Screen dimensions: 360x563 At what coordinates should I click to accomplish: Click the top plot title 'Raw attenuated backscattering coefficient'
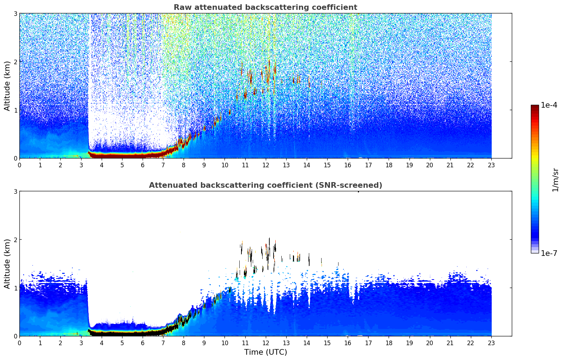point(265,7)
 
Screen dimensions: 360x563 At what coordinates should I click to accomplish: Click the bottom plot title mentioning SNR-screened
point(265,185)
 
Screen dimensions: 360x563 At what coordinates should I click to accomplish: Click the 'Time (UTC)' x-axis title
point(265,352)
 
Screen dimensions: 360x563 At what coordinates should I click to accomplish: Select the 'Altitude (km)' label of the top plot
point(7,86)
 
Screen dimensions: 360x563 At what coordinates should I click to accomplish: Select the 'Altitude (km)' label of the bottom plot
point(7,264)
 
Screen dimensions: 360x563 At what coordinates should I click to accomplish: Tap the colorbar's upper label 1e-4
point(549,105)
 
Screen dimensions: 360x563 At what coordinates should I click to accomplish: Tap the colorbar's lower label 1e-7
point(549,253)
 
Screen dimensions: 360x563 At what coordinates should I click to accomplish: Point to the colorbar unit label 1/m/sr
point(555,180)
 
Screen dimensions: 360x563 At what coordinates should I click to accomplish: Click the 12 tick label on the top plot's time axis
point(265,165)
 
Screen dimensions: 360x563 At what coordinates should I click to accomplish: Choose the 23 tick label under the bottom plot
point(491,343)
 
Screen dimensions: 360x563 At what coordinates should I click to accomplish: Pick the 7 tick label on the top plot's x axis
point(163,165)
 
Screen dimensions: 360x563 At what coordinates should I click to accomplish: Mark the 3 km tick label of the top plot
point(15,13)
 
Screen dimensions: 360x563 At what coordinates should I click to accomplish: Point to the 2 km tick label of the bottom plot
point(15,240)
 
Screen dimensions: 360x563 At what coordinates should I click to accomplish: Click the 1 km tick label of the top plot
point(15,110)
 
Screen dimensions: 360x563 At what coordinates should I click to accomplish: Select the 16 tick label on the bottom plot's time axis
point(348,343)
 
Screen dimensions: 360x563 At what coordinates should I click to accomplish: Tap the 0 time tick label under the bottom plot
point(19,343)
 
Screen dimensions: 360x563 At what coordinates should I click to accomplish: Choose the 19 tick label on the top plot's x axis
point(409,165)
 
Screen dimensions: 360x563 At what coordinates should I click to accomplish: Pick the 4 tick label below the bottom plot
point(102,343)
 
